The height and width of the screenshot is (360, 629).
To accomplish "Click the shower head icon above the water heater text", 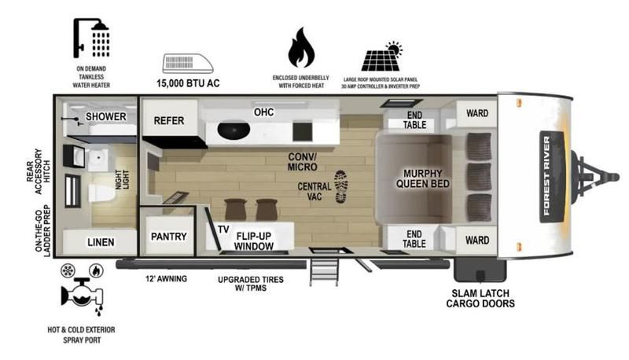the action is click(x=91, y=38).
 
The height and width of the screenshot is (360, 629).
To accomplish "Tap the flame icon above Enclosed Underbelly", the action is click(x=301, y=47).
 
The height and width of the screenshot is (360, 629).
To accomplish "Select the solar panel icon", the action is click(x=381, y=56).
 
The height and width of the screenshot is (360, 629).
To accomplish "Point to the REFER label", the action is click(x=169, y=121).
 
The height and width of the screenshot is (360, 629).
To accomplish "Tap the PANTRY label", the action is click(x=169, y=237).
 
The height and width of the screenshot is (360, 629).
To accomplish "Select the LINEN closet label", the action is click(x=101, y=242).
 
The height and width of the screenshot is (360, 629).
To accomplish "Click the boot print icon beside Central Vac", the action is click(x=341, y=186).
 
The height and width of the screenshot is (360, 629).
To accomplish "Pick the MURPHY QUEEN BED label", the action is click(x=423, y=178).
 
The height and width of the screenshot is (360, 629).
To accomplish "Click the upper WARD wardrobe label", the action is click(x=477, y=113).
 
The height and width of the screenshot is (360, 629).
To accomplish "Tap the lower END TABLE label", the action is click(x=414, y=239).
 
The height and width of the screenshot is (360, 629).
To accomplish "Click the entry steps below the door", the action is click(x=324, y=273).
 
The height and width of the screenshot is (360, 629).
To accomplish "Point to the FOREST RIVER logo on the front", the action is click(x=552, y=176).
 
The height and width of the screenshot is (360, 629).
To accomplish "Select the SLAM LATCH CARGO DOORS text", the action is click(x=480, y=299).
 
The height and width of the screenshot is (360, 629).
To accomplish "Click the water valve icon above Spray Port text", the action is click(x=83, y=295).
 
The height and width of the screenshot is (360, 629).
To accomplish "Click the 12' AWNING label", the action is click(x=166, y=278).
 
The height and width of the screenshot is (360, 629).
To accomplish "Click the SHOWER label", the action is click(x=106, y=116).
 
